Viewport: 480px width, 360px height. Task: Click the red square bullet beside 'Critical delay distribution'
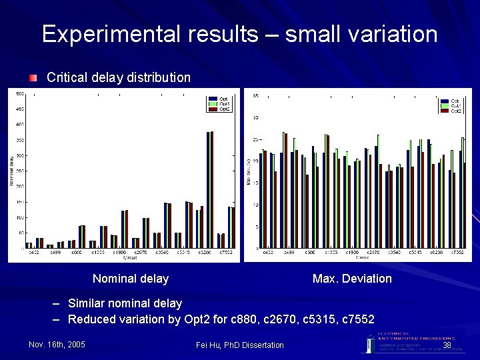tap(33, 77)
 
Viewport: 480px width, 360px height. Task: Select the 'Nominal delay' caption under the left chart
tap(131, 279)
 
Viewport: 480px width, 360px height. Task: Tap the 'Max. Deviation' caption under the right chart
tap(352, 279)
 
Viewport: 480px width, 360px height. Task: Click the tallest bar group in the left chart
tap(209, 190)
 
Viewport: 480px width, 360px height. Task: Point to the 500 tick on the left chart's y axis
tap(20, 93)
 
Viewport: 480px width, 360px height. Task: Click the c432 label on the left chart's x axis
tap(33, 253)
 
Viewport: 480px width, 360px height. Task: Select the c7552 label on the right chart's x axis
tap(457, 253)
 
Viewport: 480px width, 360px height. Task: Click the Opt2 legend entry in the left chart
tap(224, 109)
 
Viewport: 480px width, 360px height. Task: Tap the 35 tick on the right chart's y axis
tap(256, 96)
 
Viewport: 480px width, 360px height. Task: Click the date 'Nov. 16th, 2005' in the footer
tap(57, 345)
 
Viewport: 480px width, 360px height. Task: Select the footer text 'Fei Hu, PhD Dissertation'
tap(240, 345)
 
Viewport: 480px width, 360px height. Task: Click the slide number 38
tap(447, 345)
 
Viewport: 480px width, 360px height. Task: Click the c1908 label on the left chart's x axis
tap(119, 253)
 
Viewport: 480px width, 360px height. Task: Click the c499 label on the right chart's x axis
tap(289, 253)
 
